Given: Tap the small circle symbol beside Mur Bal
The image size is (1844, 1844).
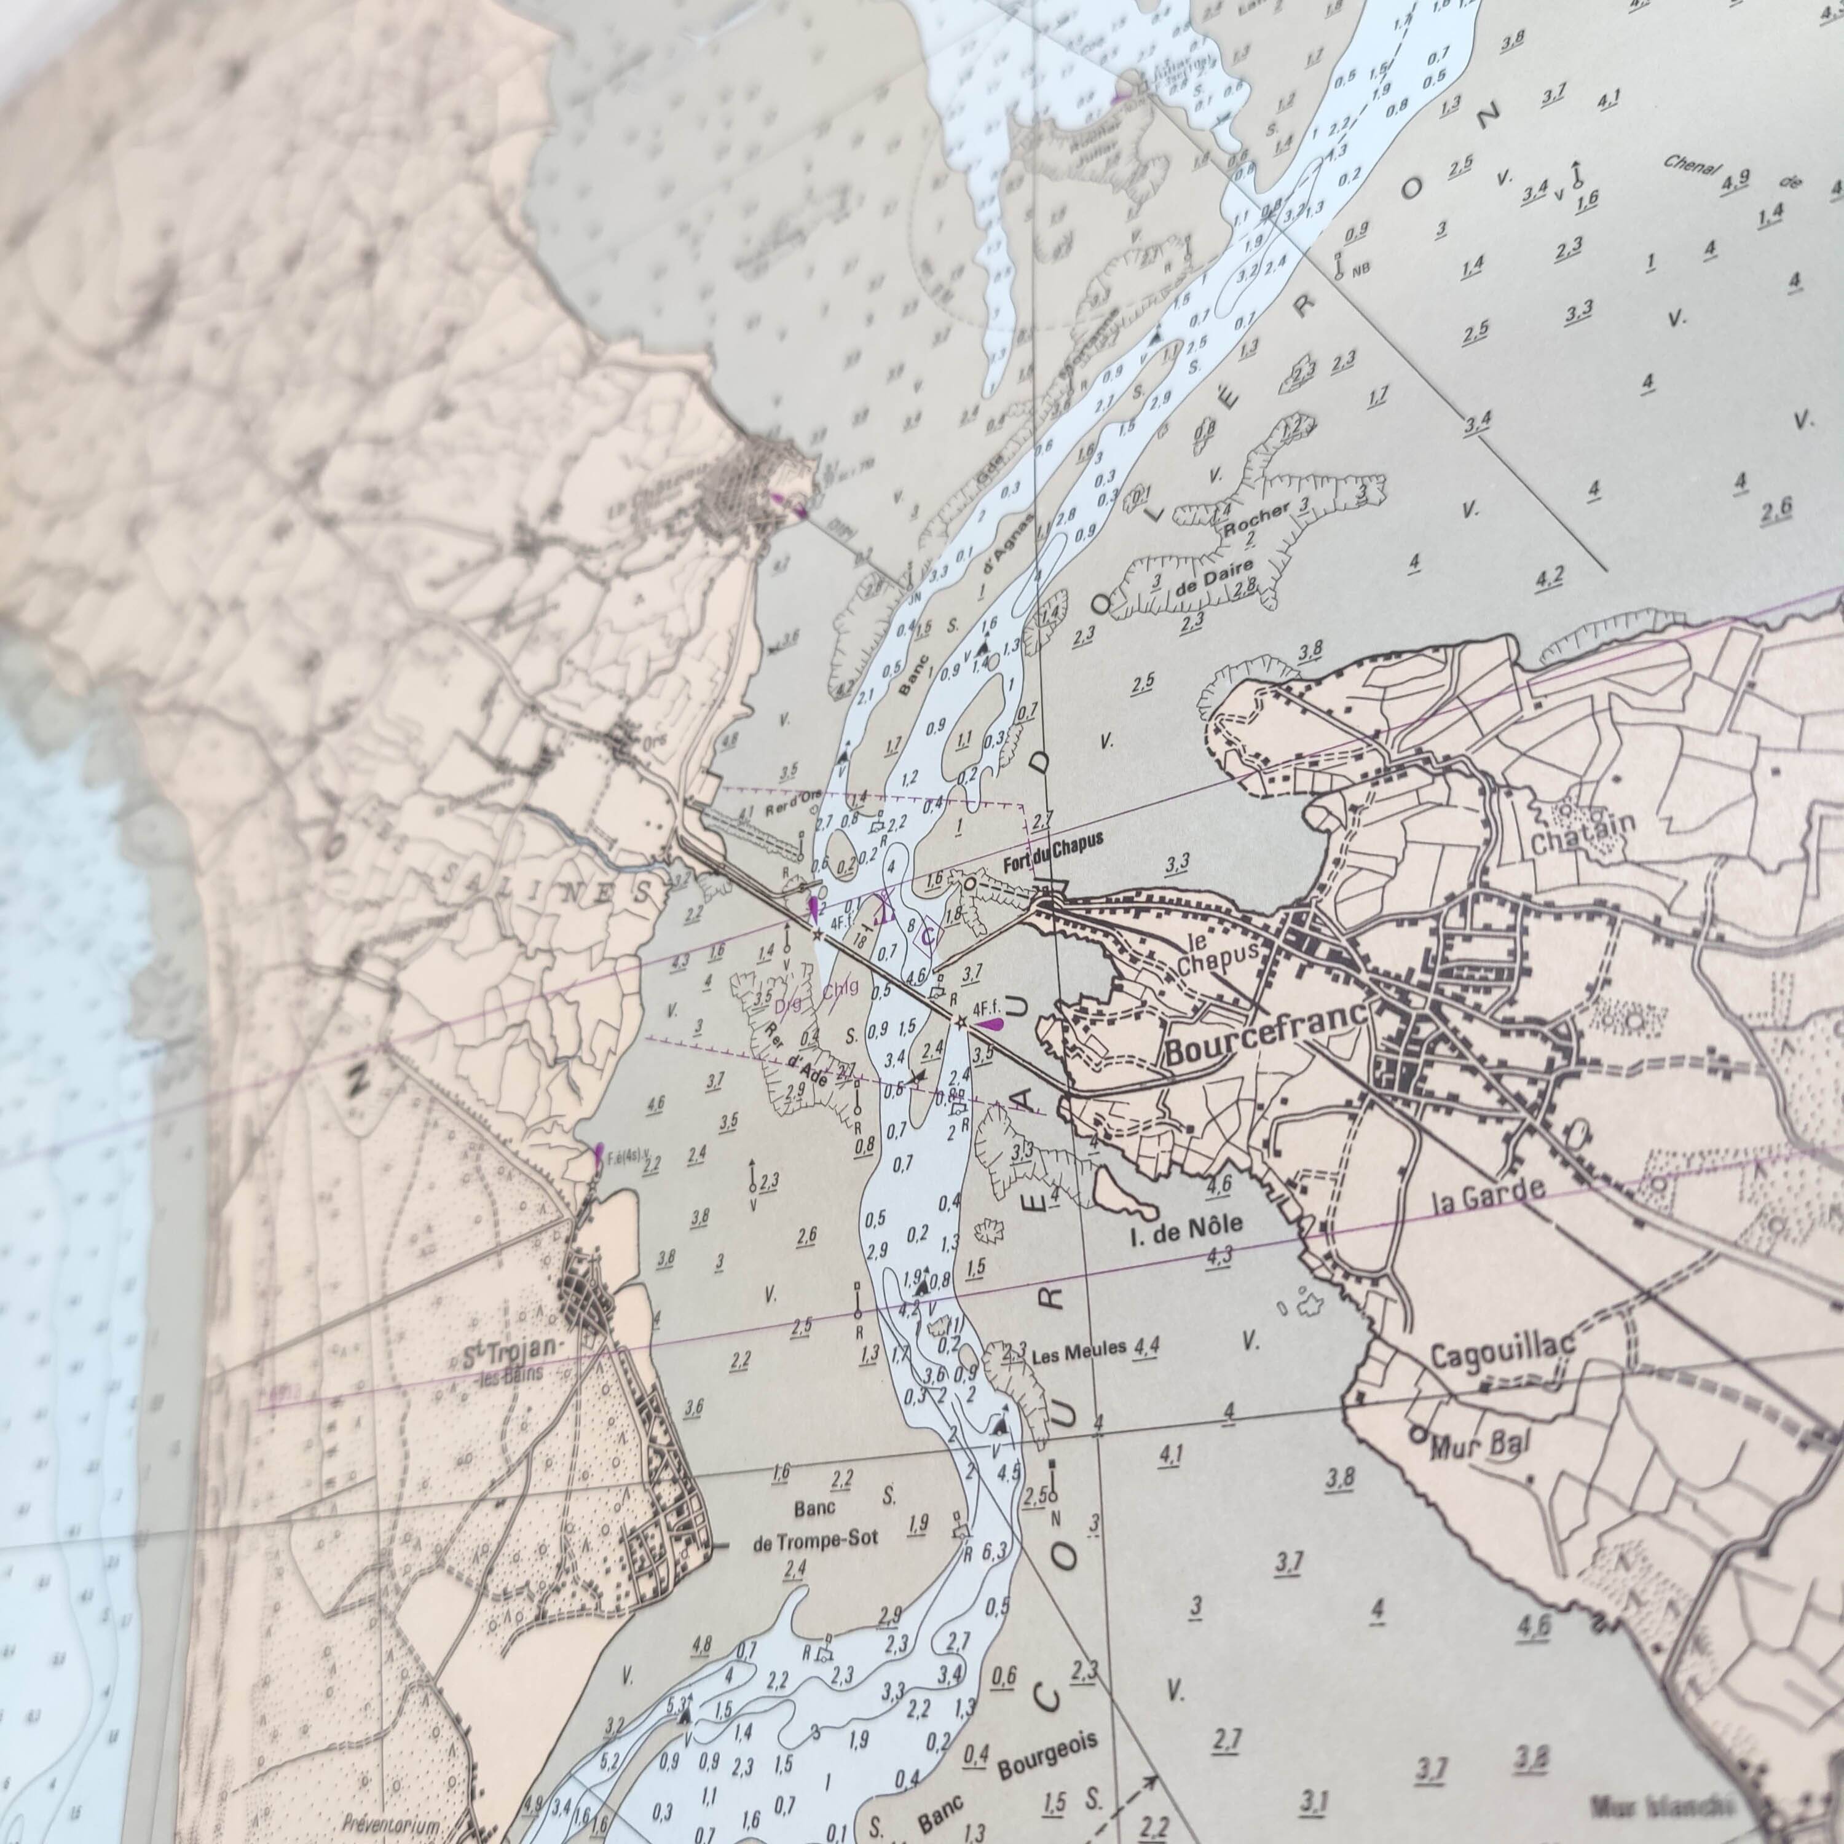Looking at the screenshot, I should pyautogui.click(x=1417, y=1433).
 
